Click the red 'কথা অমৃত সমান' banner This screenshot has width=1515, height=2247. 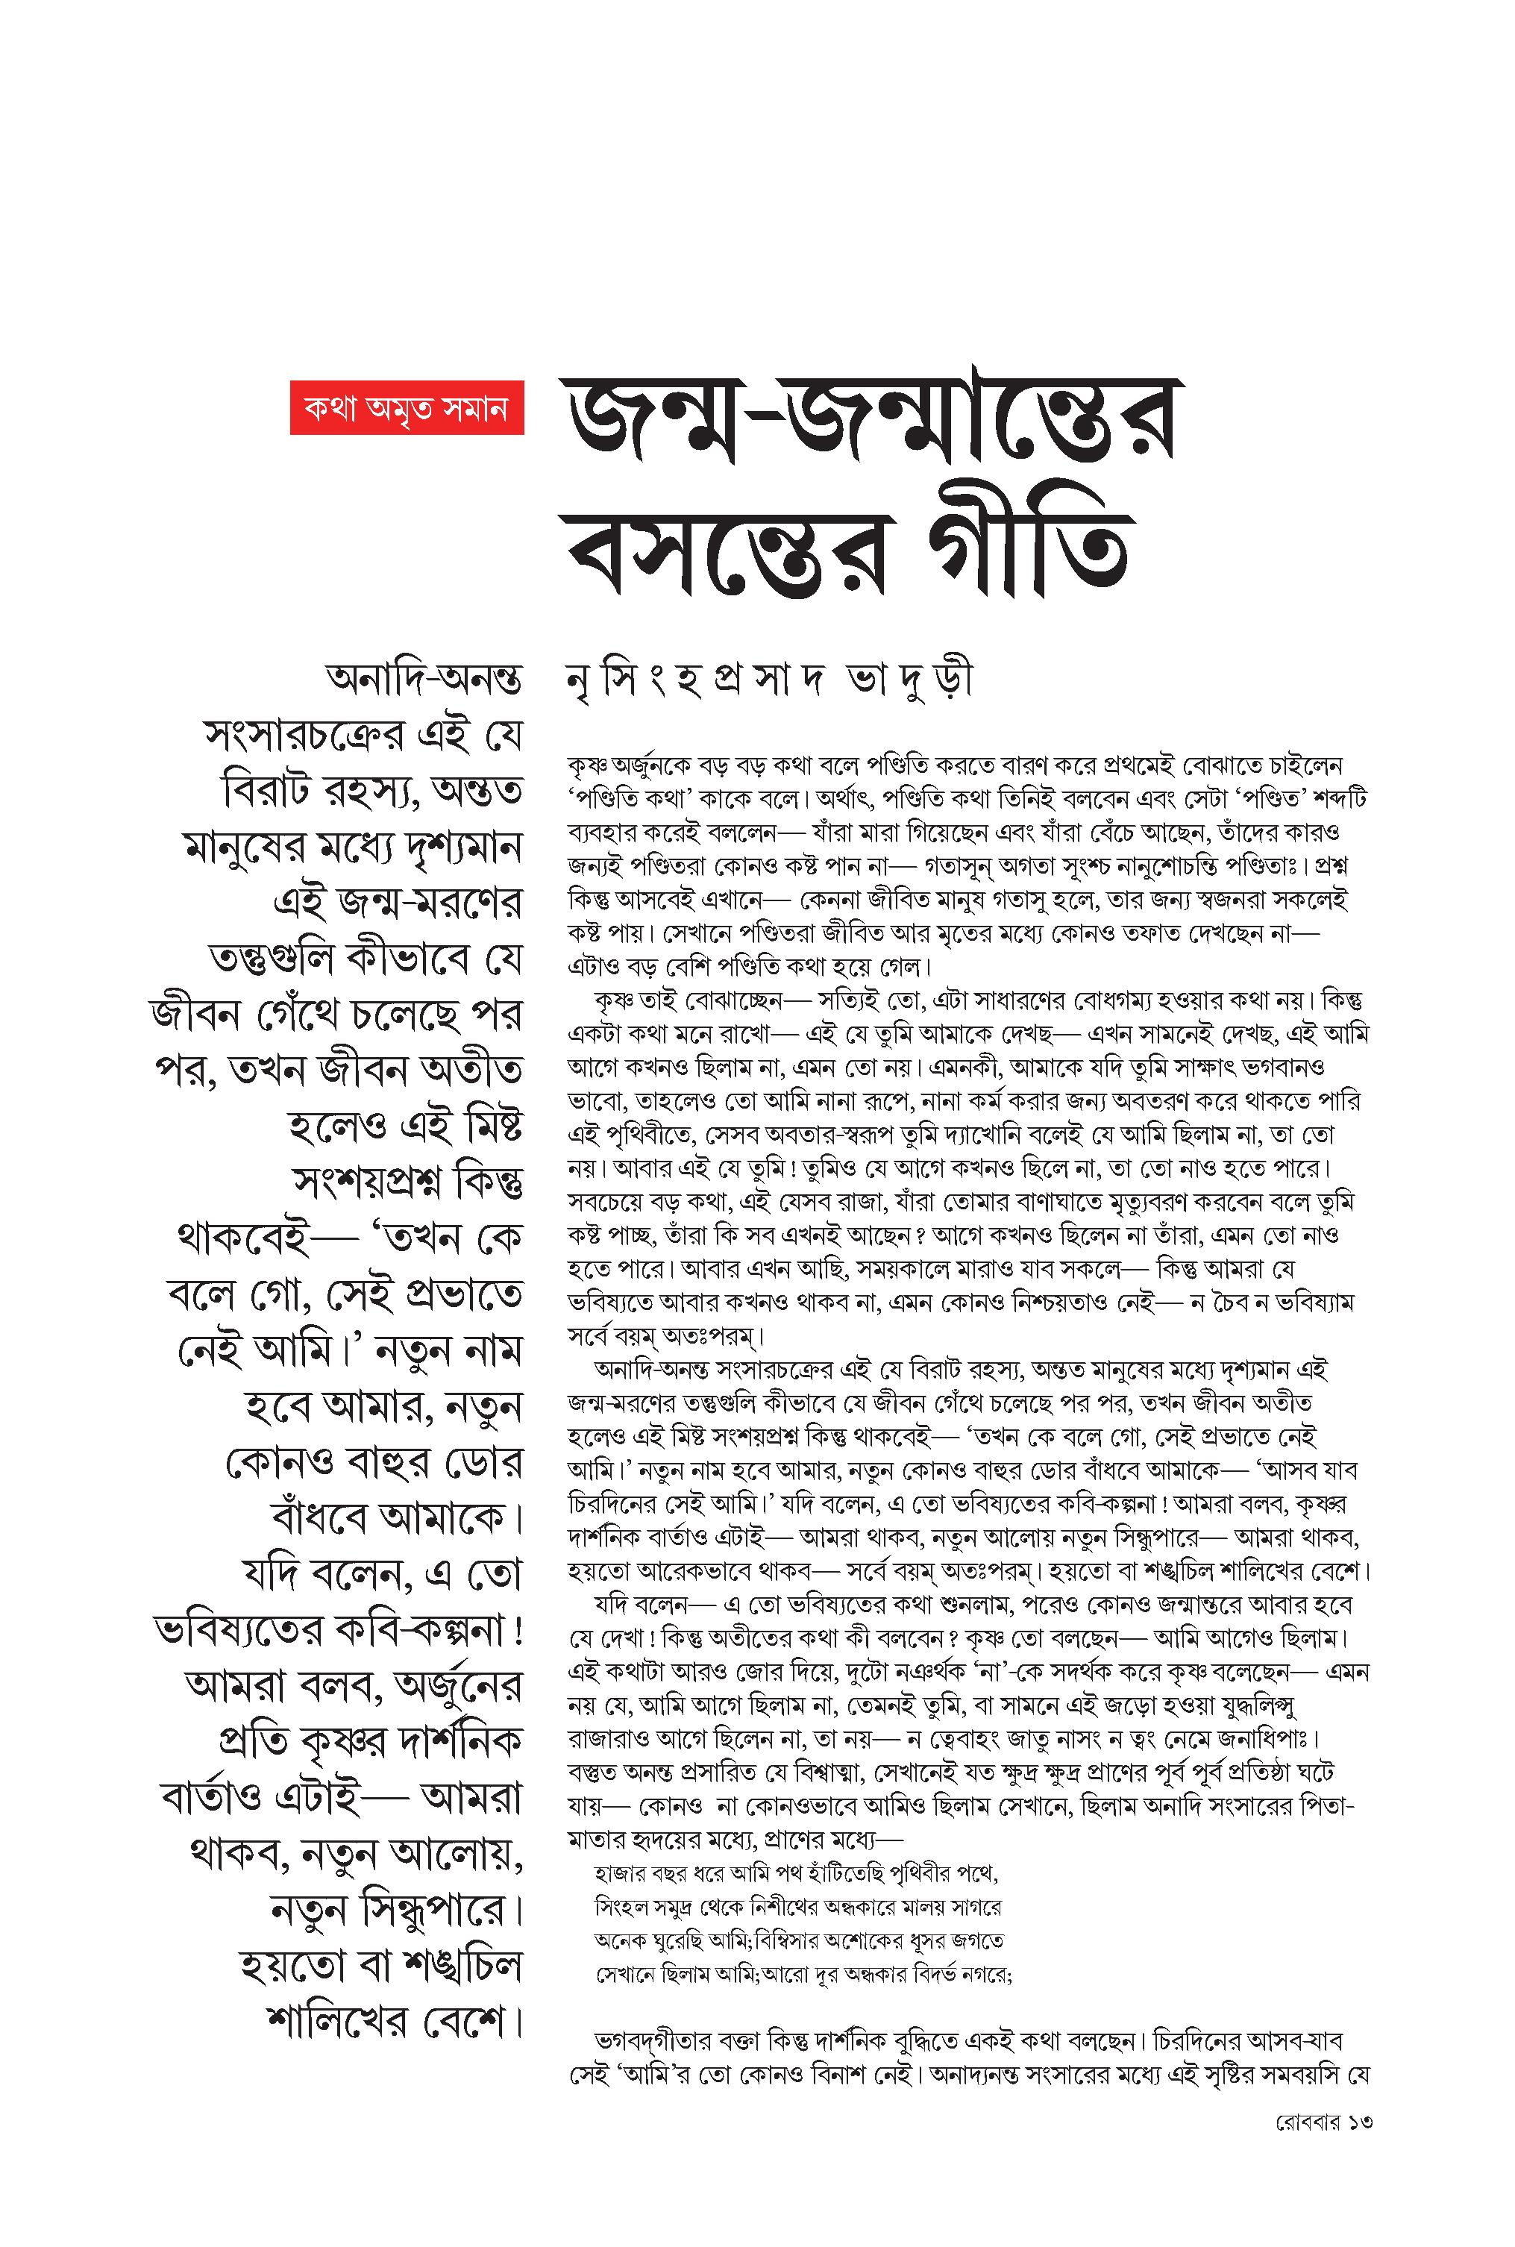click(407, 407)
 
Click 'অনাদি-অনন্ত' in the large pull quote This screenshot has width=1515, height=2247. click(424, 680)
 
